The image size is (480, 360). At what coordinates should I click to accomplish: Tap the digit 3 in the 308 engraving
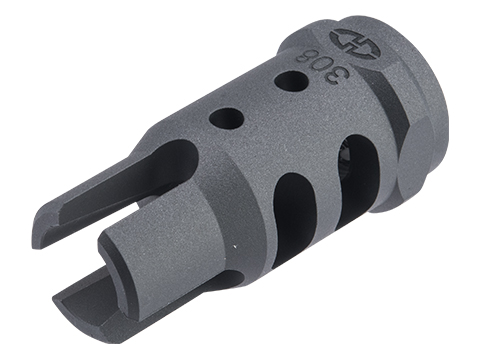click(x=340, y=72)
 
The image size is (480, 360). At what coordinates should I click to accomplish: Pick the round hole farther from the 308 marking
click(x=227, y=119)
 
